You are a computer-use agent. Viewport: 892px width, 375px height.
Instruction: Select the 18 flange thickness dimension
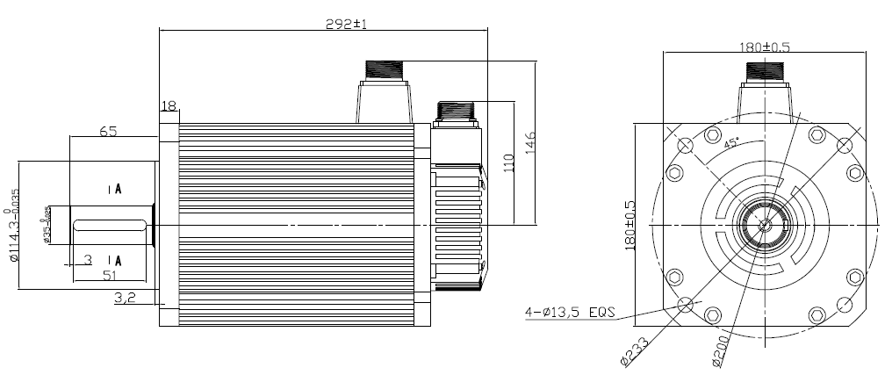(x=169, y=106)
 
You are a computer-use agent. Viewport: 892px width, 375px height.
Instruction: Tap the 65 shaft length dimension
(x=108, y=131)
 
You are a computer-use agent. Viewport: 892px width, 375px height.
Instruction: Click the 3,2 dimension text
(x=124, y=299)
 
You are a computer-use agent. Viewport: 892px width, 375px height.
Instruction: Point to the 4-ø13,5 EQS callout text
(x=571, y=312)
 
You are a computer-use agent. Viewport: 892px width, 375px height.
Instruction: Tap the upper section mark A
(x=116, y=189)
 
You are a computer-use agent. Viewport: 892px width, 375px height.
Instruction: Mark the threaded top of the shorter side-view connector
(x=456, y=112)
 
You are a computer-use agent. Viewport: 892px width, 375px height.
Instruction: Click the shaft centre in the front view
(x=765, y=224)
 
